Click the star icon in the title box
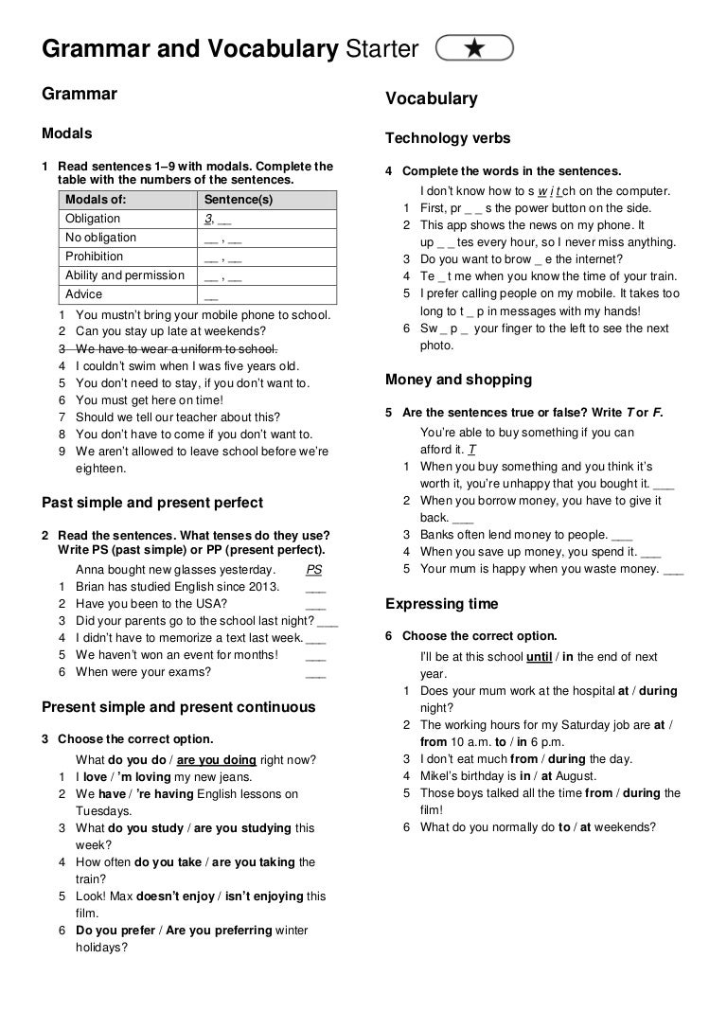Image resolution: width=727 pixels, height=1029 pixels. (474, 48)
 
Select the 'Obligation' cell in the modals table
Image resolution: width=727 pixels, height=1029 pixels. (93, 219)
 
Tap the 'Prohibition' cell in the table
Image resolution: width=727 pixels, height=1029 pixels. (94, 257)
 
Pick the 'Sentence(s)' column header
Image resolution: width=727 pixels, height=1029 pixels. (239, 200)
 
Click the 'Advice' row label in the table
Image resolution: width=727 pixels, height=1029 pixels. (84, 294)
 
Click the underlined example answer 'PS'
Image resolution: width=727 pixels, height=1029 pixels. (315, 570)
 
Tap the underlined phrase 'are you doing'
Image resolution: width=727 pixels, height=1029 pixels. (217, 759)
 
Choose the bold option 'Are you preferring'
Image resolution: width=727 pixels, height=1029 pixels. (219, 931)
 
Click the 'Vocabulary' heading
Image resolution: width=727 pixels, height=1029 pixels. (432, 99)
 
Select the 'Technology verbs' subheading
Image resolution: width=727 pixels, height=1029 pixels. (448, 138)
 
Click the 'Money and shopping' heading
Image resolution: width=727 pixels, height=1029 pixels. (459, 380)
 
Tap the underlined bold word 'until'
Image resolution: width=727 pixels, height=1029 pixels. (539, 657)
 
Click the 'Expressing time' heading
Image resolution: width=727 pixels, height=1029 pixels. (442, 604)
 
